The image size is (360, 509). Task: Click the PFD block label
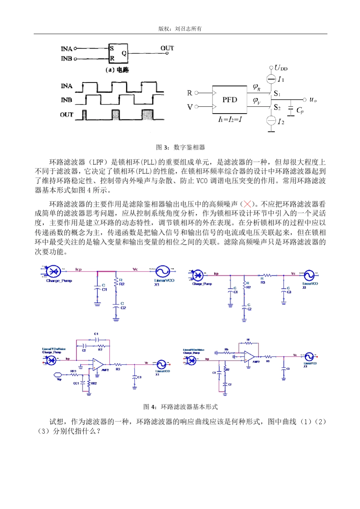coord(230,100)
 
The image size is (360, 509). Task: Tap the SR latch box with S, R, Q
coord(118,53)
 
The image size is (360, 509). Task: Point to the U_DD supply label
coord(281,68)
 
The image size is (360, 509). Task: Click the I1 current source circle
coord(271,79)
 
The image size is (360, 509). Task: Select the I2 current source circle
coord(271,121)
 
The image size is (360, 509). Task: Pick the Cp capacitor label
coord(300,111)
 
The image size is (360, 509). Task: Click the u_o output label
coord(313,100)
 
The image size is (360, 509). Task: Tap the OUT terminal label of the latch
coord(167,48)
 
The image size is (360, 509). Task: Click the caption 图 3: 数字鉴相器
coord(180,147)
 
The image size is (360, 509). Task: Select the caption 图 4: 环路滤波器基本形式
coord(180,407)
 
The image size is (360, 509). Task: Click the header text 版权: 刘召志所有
coord(180,29)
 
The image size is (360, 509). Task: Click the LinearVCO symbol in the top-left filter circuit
coord(163,272)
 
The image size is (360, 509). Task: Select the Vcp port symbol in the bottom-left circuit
coord(58,375)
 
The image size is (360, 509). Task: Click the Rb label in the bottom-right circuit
coord(226,349)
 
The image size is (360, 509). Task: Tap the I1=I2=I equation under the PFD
coord(230,119)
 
